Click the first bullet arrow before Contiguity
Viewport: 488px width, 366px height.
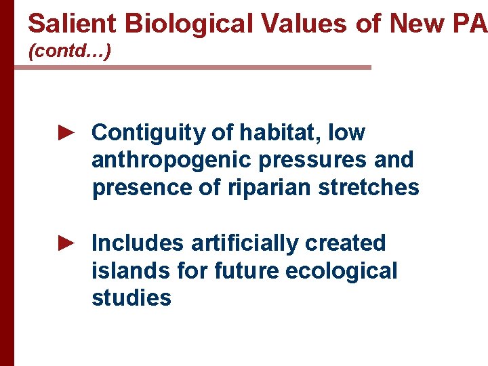click(66, 132)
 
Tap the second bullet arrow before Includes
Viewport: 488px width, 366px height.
click(66, 242)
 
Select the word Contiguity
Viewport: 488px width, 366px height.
click(148, 133)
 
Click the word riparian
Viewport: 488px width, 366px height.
click(262, 187)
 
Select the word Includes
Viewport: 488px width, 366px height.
click(138, 243)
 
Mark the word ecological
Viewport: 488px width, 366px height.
click(342, 270)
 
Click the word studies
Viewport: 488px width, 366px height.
click(131, 298)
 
